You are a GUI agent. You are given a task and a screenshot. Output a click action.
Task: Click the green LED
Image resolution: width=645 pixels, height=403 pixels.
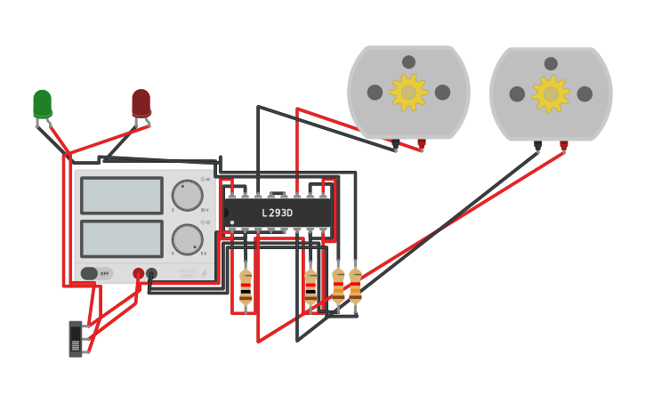pos(42,103)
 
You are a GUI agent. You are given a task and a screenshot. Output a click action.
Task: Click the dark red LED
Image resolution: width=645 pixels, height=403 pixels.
pos(141,102)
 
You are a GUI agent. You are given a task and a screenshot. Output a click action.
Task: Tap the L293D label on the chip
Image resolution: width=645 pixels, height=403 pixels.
pos(277,214)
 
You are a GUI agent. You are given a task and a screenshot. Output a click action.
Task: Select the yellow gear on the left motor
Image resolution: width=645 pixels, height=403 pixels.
pos(408,93)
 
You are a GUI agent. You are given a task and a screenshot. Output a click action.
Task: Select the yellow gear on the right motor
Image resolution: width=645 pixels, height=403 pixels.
pos(551,93)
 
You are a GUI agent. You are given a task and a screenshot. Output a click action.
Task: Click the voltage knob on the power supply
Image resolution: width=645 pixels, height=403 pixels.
pos(187,195)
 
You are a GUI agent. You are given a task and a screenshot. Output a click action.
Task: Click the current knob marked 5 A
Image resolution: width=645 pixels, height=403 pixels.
pos(187,239)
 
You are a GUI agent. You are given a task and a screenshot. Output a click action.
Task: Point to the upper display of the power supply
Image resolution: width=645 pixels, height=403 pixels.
pos(122,196)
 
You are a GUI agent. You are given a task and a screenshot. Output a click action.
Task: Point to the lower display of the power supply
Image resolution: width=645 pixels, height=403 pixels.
pos(122,238)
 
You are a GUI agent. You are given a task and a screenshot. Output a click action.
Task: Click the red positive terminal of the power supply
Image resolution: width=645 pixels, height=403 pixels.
pos(138,274)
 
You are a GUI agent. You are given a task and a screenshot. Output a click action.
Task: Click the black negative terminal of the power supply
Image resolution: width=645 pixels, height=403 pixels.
pos(151,274)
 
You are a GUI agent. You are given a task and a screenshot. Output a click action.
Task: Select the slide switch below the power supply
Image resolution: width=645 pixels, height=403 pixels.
pos(76,338)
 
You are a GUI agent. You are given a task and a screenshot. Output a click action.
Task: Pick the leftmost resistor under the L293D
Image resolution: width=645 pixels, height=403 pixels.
pos(246,287)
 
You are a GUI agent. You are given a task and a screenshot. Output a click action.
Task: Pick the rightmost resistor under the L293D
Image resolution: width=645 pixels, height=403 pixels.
pos(355,286)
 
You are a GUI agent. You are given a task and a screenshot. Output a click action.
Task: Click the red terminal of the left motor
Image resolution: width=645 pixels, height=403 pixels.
pos(422,142)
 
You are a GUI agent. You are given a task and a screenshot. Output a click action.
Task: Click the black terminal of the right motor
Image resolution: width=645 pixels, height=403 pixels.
pos(538,144)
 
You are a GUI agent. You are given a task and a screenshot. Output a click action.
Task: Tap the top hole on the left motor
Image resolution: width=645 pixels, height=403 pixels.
pos(408,62)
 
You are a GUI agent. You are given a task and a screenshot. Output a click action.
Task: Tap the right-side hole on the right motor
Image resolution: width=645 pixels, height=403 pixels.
pos(585,93)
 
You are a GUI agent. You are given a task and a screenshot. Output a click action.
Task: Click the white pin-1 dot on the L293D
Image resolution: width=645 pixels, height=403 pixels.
pos(232,222)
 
